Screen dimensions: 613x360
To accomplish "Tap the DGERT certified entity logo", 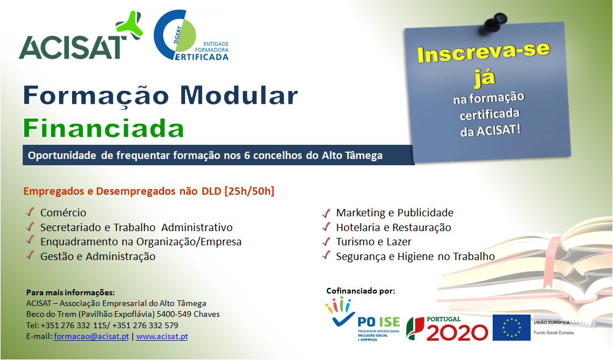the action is click(191, 35).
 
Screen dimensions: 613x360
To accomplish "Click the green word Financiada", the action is click(104, 128).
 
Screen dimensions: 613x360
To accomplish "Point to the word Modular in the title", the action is click(239, 95).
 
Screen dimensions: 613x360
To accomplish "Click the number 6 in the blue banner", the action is click(247, 156).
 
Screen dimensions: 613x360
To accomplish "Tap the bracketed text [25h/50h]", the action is click(249, 191).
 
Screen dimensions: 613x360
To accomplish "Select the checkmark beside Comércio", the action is click(30, 212).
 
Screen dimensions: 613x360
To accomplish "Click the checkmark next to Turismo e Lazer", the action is click(326, 241).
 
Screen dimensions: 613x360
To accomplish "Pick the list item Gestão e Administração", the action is click(98, 256).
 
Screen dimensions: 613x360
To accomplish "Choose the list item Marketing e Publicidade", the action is click(395, 212).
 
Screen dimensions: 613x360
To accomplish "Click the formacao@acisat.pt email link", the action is click(91, 336).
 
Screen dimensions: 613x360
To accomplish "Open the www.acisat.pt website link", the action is click(162, 336).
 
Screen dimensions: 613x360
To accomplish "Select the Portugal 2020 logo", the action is click(447, 328).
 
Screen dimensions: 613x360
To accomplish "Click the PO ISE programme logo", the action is click(363, 319).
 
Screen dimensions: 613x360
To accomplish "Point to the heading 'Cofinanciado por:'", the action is click(361, 291).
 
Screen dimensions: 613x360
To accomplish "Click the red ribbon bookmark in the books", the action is click(551, 259).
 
